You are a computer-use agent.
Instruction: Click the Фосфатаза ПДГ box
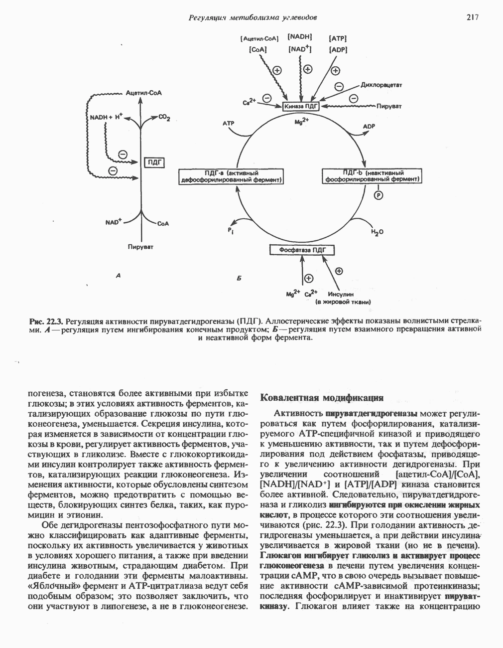(x=302, y=250)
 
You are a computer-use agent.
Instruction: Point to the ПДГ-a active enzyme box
(x=232, y=176)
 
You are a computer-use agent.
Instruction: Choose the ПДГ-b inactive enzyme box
(x=372, y=176)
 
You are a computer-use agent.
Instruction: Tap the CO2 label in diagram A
(x=165, y=119)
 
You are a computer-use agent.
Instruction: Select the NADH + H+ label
(x=106, y=117)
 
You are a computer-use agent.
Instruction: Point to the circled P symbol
(x=378, y=195)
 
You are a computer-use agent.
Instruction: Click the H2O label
(x=377, y=232)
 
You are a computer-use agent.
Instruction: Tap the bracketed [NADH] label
(x=300, y=36)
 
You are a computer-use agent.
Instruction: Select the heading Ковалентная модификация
(x=322, y=398)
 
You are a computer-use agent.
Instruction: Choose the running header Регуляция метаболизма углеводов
(x=253, y=18)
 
